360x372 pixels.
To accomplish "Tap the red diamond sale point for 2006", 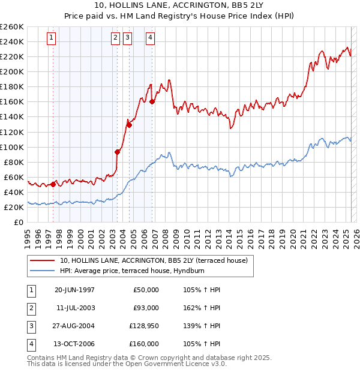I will [x=152, y=101].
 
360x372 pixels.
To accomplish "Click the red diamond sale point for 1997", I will [x=53, y=184].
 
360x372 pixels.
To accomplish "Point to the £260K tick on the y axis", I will [x=12, y=27].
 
